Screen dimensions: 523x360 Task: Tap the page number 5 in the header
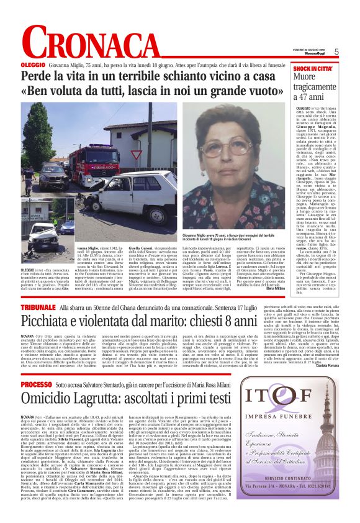point(336,52)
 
